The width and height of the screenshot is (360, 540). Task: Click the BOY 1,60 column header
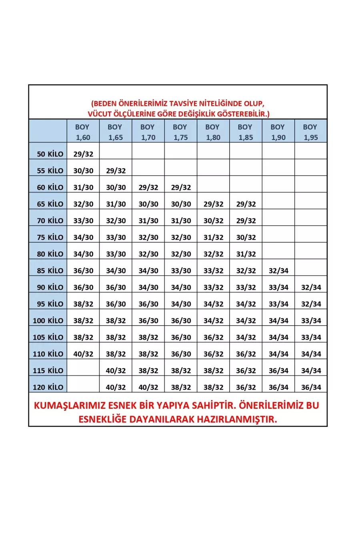(x=83, y=132)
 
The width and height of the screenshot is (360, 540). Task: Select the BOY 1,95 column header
(x=310, y=132)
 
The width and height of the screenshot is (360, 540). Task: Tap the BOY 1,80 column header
(x=213, y=132)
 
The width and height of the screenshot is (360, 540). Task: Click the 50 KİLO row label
(x=50, y=154)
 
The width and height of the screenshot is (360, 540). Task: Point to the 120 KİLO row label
(x=48, y=387)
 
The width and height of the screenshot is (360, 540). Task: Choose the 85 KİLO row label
(x=50, y=271)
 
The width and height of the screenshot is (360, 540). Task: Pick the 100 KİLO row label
(x=48, y=321)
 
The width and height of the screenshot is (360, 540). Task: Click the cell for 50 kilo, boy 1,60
(x=83, y=154)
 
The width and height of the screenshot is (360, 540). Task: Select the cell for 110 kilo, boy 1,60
(x=83, y=354)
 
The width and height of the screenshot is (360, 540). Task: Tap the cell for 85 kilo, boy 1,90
(x=278, y=271)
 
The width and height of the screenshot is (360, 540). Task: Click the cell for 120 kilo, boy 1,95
(x=311, y=387)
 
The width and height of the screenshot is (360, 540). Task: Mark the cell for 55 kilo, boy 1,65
(x=116, y=171)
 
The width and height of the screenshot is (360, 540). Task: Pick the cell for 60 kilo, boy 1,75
(x=181, y=187)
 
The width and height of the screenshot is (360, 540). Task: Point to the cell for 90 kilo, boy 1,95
(x=311, y=287)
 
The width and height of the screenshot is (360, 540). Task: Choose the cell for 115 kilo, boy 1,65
(x=116, y=371)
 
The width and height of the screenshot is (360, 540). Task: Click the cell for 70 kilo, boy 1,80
(x=213, y=221)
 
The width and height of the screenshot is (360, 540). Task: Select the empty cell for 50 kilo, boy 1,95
(x=311, y=151)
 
